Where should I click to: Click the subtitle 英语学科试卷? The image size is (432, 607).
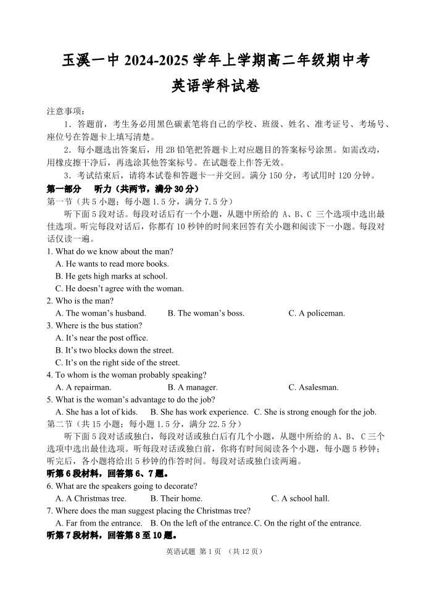coord(215,86)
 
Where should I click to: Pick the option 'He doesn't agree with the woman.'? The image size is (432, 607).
coord(120,288)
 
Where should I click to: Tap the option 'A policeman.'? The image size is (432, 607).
coord(317,313)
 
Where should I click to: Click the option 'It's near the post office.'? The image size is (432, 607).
coord(102,338)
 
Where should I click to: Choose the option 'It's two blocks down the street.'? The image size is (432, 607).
coord(115,350)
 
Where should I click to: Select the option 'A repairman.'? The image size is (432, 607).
coord(85,387)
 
